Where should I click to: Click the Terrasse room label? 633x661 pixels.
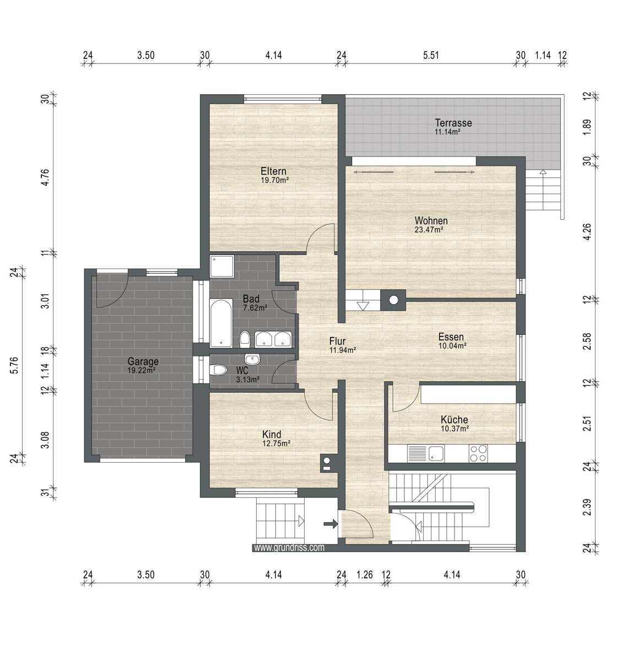point(453,123)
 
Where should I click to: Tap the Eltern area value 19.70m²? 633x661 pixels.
point(275,180)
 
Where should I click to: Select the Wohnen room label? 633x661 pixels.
point(431,221)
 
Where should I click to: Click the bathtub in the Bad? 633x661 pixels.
point(221,323)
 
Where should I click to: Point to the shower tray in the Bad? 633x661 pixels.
point(220,266)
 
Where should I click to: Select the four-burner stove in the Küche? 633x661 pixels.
point(478,453)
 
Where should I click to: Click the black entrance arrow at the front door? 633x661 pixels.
point(331,524)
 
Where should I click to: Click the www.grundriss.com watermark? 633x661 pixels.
point(289,548)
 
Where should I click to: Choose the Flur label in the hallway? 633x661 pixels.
point(337,342)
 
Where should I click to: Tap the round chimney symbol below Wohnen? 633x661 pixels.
point(393,300)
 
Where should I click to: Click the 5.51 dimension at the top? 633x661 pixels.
point(432,55)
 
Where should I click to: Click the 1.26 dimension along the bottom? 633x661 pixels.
point(364,575)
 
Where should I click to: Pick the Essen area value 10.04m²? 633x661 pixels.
point(452,346)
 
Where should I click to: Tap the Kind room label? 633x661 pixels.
point(272,434)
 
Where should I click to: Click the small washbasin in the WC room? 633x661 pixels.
point(253,359)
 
